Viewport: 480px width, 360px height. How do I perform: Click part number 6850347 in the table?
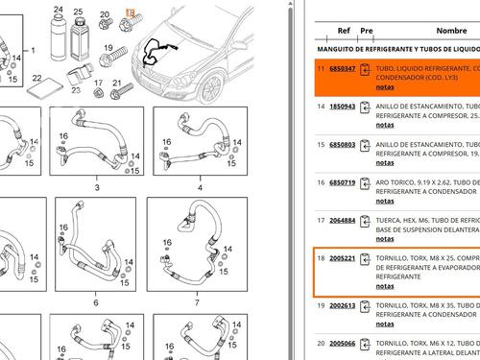(343, 70)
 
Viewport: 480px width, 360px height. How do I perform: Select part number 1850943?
(343, 107)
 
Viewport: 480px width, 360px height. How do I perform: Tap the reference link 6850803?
(343, 144)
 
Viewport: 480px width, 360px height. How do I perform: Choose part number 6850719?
(343, 181)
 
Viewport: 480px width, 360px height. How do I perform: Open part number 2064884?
(343, 220)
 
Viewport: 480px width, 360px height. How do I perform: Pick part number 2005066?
(343, 342)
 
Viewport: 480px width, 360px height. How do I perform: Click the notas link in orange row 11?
(384, 86)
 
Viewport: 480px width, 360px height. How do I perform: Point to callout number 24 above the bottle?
(59, 9)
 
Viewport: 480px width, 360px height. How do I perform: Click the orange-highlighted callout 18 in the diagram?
(130, 10)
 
